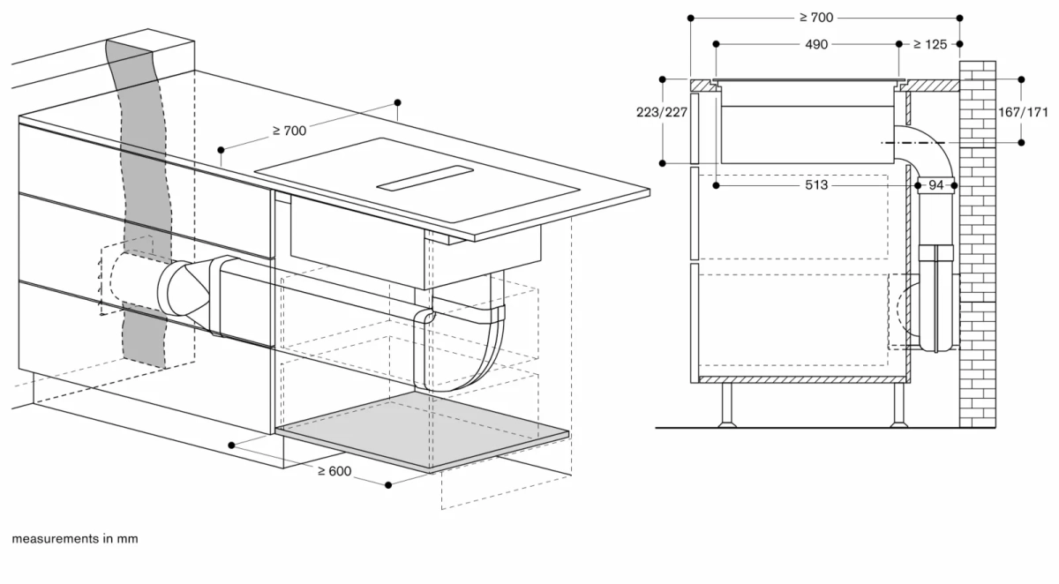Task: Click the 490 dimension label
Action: [x=815, y=44]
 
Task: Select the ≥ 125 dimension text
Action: [x=929, y=44]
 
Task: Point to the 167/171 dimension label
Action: [x=1025, y=112]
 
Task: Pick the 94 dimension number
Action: [x=936, y=185]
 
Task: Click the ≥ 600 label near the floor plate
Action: [x=334, y=471]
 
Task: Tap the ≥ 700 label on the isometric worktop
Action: [x=289, y=131]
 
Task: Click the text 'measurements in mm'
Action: [x=75, y=538]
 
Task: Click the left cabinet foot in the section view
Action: [x=727, y=406]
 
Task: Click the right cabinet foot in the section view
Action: [x=898, y=406]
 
